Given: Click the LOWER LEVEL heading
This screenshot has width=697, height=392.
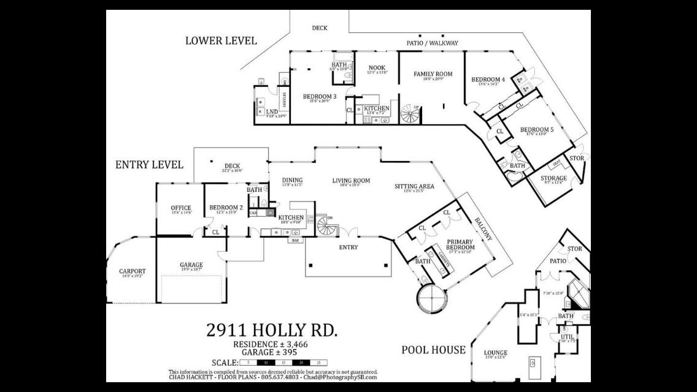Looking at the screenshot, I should (221, 41).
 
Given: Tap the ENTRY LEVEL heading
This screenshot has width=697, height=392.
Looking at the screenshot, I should (149, 165).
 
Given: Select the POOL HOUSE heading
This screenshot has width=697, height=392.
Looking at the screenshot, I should (433, 350).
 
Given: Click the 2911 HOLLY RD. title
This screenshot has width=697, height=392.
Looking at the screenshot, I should (272, 331).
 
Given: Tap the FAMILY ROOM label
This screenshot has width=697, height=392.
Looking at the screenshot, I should (433, 74).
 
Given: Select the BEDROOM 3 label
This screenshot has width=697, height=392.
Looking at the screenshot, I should (320, 97).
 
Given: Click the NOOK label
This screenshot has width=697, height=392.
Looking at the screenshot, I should (377, 68).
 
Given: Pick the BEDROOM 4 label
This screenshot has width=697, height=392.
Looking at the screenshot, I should (488, 80).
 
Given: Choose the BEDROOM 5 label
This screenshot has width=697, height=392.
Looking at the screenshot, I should (537, 130).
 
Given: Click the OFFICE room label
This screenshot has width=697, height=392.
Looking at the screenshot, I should (181, 208).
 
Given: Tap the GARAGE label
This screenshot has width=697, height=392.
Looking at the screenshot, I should (191, 265).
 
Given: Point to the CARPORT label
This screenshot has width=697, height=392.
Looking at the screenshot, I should (133, 271).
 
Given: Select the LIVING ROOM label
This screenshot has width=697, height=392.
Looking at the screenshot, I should (351, 181).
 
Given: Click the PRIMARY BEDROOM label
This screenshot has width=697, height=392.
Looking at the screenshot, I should (460, 244).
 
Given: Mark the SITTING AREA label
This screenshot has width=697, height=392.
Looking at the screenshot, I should (414, 186).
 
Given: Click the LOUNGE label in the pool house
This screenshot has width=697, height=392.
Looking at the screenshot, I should (495, 353).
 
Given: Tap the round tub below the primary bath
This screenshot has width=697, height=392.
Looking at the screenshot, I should (432, 298).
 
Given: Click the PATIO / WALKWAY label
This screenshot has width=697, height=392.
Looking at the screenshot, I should (432, 43).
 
